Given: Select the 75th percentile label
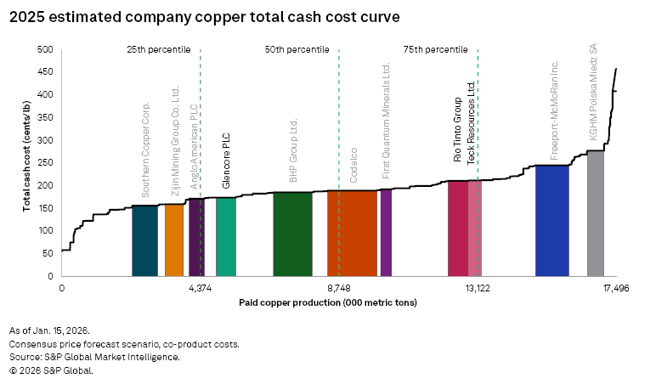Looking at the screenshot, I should pyautogui.click(x=434, y=50).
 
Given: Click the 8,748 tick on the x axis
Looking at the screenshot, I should pyautogui.click(x=338, y=288).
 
